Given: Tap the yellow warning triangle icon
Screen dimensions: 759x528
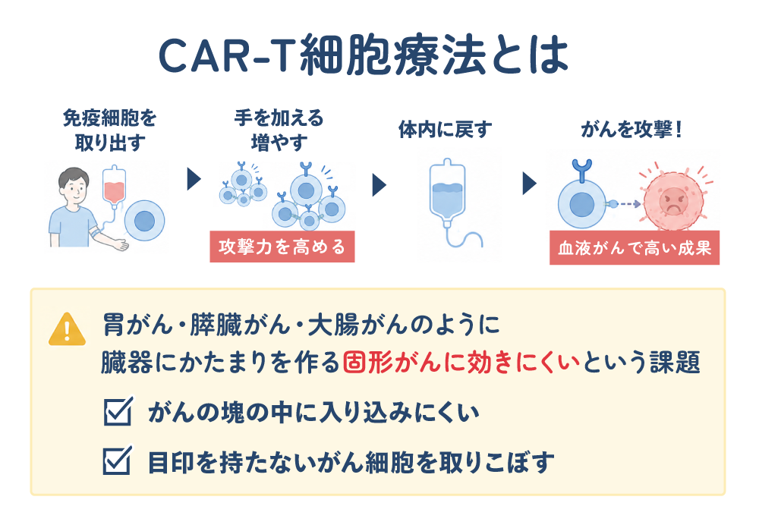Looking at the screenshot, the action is pos(68,329).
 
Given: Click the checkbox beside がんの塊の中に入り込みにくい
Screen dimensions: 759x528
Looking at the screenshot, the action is pos(118,411).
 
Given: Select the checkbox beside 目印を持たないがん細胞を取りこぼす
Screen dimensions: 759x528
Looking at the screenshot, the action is pos(117,460).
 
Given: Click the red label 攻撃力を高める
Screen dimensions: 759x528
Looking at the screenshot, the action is pos(282,247).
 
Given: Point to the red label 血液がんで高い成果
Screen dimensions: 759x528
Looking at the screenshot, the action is pos(635,248).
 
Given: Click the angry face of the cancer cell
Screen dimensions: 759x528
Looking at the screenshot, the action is pos(672,200).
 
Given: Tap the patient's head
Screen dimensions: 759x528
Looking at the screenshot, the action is pos(74,185).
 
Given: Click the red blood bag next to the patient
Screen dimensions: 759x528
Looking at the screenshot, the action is pos(115,186).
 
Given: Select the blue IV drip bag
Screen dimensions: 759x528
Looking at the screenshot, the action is pos(447,191).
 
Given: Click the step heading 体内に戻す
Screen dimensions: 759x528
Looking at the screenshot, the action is pos(446,130).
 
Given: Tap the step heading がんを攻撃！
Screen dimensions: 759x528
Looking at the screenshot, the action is pos(631,130).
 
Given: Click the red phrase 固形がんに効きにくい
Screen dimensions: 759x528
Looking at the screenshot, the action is pos(461,363).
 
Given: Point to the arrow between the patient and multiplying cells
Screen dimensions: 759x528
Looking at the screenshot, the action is pos(194,180).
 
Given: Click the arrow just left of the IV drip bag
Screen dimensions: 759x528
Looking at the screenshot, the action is pos(379,185).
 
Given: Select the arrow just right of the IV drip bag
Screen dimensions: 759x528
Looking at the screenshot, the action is pos(530,184).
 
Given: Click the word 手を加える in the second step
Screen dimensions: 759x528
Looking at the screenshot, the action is pos(279,118).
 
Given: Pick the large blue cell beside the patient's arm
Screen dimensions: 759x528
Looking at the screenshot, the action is pos(144,221).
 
